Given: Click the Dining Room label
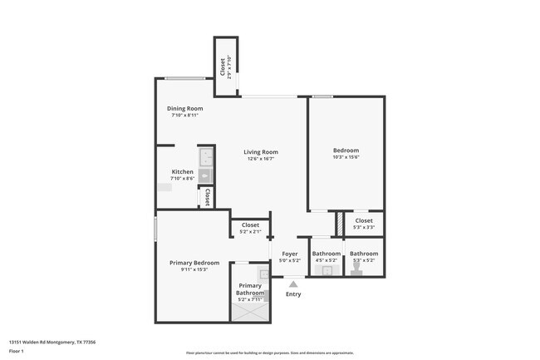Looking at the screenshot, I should [185, 108].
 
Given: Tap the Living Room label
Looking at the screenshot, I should [260, 152].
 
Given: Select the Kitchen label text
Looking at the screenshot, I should [182, 171].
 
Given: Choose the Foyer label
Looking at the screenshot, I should [289, 254].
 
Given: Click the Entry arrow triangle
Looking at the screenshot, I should [292, 284].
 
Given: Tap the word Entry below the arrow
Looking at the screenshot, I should [293, 294].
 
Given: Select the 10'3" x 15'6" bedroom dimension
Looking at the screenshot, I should [345, 158].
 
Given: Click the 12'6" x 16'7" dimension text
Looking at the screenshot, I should [260, 160].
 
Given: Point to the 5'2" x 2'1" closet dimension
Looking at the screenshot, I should [249, 232].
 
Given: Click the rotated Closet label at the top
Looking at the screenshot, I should [223, 66].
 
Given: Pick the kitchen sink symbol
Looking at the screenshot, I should [205, 156].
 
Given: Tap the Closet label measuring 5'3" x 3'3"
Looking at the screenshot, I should [364, 221].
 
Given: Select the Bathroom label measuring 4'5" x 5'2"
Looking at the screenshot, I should [326, 254].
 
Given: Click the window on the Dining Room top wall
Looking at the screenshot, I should [184, 79].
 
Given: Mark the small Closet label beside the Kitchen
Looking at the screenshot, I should [205, 197].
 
